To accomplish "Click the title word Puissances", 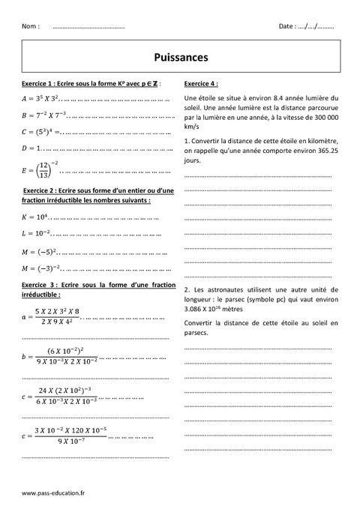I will [180, 56].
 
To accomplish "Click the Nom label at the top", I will [31, 26].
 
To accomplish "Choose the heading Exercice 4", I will [201, 83].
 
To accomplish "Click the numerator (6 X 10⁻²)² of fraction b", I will [65, 350].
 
